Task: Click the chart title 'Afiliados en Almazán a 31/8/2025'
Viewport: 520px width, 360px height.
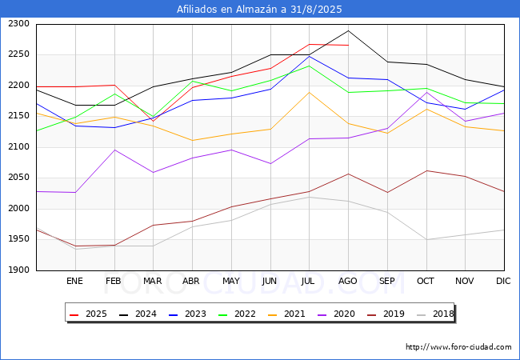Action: tap(260, 10)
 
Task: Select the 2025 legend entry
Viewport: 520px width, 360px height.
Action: tap(90, 314)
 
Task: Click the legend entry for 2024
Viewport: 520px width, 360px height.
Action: tap(138, 314)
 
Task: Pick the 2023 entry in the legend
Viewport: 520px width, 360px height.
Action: tap(186, 314)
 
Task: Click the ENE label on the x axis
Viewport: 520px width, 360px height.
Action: tap(74, 281)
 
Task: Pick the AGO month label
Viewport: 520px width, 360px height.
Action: tap(348, 281)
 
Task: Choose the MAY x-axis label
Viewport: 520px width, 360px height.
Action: tap(231, 281)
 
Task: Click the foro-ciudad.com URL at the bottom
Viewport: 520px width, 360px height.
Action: tap(458, 347)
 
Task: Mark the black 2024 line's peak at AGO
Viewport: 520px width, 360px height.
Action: tap(348, 30)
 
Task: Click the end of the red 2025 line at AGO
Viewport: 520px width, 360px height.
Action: tap(348, 46)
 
